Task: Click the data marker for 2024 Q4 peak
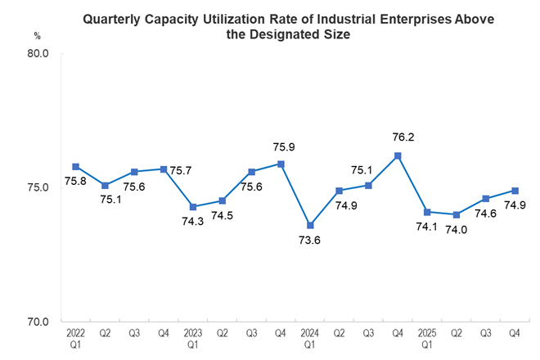398,155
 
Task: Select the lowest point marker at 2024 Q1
310,225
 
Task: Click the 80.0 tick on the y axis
39,54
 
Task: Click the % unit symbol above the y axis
38,35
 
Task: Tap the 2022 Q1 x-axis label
75,340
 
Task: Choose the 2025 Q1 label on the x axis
427,340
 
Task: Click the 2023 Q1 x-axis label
192,340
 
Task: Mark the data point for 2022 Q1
75,167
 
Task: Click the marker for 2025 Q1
427,212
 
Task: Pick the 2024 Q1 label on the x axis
310,340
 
